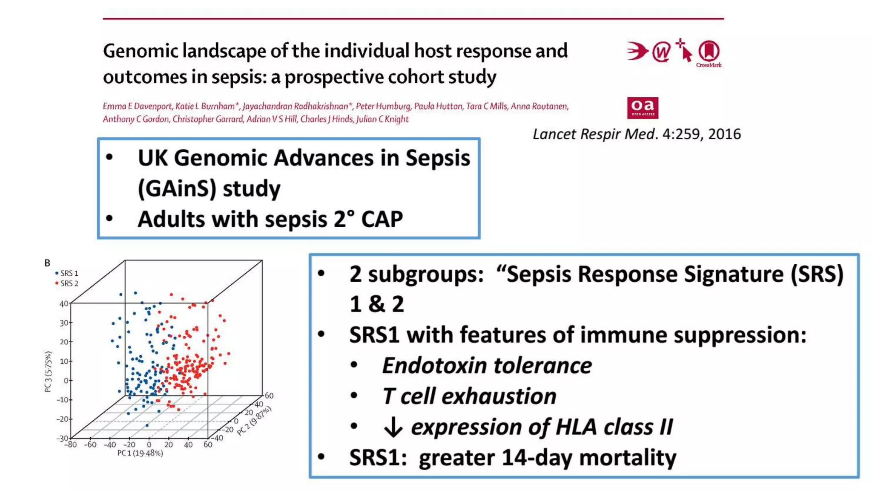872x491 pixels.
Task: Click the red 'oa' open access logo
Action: click(643, 108)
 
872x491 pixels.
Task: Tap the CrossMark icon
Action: click(709, 53)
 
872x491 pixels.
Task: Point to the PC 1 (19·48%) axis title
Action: click(140, 453)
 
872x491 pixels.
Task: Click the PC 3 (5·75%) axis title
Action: click(48, 371)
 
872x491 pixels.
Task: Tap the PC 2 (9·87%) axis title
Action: click(254, 421)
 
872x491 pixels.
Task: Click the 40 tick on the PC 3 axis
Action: click(64, 304)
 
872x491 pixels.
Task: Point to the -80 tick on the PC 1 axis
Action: click(70, 445)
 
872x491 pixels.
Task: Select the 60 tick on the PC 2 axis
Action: click(269, 396)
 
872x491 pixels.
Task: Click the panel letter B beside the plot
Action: click(47, 263)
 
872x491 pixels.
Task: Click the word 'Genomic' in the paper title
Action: click(141, 51)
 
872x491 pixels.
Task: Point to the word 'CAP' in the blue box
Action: click(382, 219)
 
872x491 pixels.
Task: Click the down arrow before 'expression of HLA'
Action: click(393, 427)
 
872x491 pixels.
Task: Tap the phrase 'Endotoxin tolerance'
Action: click(487, 366)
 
